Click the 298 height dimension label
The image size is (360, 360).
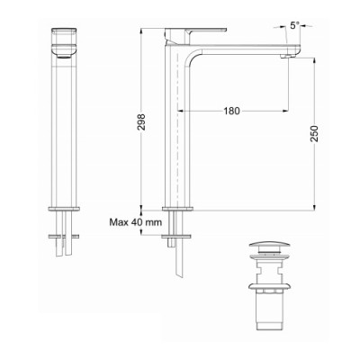pos(141,121)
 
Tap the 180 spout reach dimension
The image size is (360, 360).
pos(232,111)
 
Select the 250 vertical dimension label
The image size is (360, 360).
pos(315,134)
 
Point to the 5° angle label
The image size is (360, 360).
pos(294,25)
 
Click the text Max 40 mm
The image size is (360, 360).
pos(136,222)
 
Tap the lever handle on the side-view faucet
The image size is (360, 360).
pos(195,31)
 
